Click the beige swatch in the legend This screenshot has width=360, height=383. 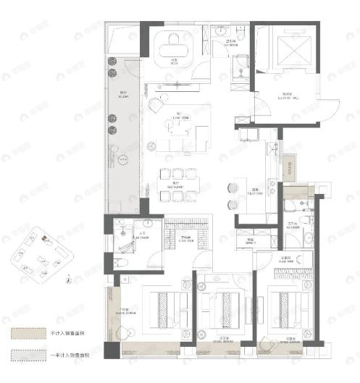(x=25, y=334)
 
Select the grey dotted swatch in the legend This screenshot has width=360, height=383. (x=25, y=355)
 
